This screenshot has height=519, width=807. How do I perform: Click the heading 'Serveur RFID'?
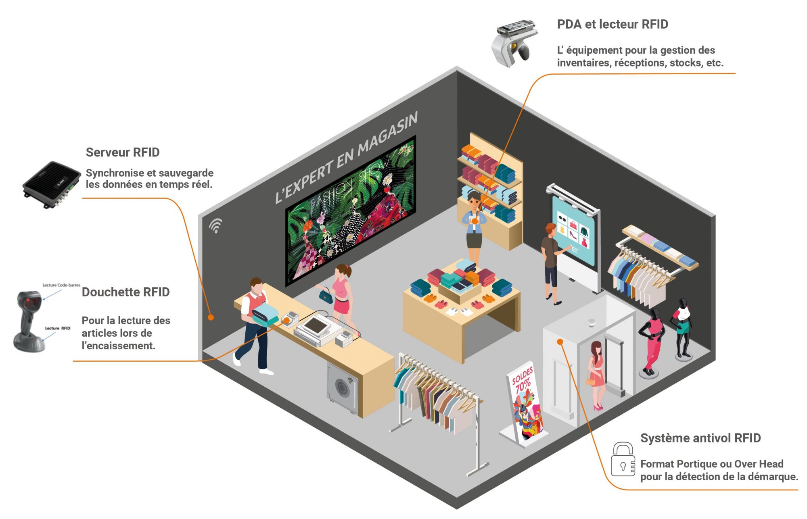tap(123, 152)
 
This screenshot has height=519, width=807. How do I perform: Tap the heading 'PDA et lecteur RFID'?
tap(612, 24)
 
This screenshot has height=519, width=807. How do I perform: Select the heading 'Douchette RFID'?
tap(125, 292)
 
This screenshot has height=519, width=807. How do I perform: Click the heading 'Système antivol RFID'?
tap(700, 438)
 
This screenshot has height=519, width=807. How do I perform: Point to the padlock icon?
tap(622, 460)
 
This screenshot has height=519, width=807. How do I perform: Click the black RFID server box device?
tap(51, 184)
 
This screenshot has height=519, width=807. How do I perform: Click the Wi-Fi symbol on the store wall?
tap(216, 225)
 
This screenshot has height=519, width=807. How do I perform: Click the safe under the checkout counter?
tap(343, 387)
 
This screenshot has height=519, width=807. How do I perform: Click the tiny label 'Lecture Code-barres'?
tap(61, 285)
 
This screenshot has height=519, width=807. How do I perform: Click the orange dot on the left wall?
tap(211, 317)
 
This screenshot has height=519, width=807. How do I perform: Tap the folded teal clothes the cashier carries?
tap(266, 315)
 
